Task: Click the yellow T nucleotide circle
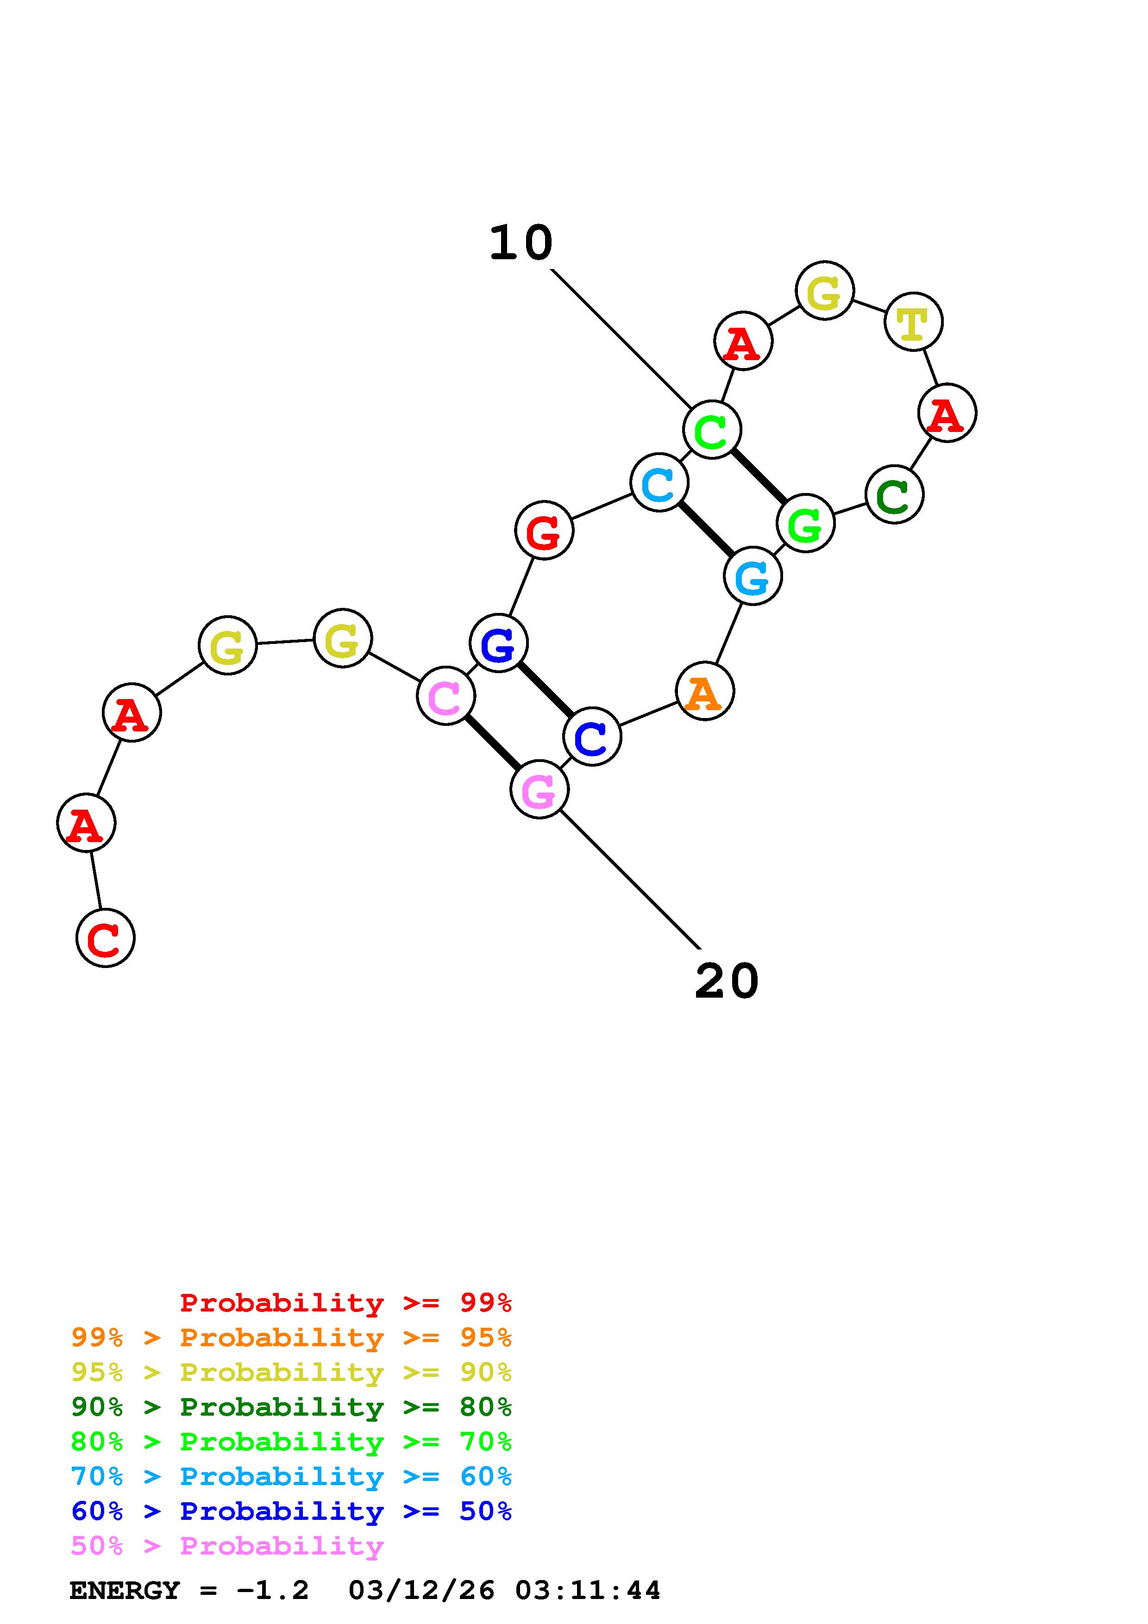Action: (913, 322)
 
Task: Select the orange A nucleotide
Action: (704, 691)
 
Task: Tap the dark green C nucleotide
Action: (894, 494)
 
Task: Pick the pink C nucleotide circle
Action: (445, 696)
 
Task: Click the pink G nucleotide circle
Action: (539, 789)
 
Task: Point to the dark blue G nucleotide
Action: (499, 643)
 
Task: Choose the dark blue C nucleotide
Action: (592, 737)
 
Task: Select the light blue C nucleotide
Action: (659, 483)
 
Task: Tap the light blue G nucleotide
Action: (753, 576)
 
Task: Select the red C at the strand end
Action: (106, 938)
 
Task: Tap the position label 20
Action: (727, 982)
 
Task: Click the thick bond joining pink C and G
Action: (492, 743)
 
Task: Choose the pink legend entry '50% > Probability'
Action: (226, 1546)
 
